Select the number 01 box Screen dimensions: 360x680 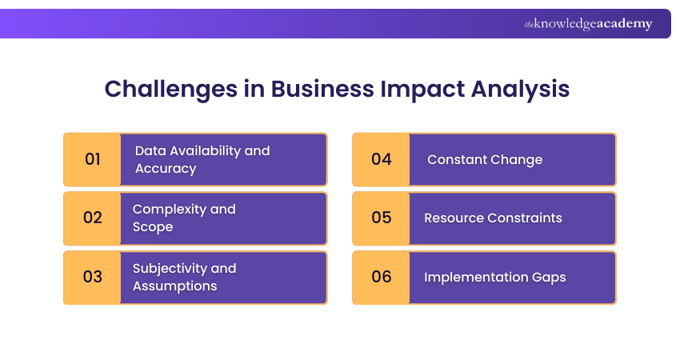point(93,159)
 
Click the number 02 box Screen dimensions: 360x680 point(93,218)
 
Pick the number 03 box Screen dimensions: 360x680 point(93,277)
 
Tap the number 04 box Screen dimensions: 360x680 point(382,159)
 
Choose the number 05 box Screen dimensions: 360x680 point(382,218)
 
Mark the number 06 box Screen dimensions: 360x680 point(382,277)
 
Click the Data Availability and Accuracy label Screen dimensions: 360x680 point(202,159)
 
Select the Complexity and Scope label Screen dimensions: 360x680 point(184,218)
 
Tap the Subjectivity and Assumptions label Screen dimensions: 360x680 point(185,277)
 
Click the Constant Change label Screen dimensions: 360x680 point(485,159)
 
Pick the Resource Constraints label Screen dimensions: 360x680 point(493,218)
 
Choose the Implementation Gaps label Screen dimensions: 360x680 point(494,277)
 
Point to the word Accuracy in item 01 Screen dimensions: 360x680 point(166,169)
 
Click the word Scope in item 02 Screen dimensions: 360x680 point(153,227)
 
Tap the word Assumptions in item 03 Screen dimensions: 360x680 point(174,286)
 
